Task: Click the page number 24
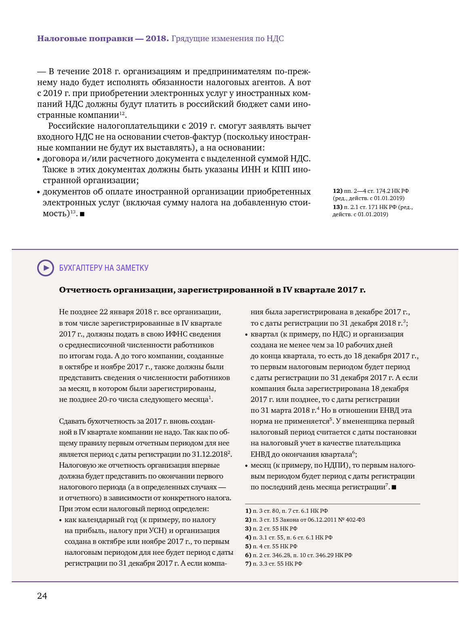pos(42,596)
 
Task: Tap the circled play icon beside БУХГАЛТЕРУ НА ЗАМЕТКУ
pos(46,268)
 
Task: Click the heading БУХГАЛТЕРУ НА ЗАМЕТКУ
pos(104,268)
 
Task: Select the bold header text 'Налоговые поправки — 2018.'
pos(103,38)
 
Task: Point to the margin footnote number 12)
pos(337,191)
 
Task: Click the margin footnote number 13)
pos(337,207)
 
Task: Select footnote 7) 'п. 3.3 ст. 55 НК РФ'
pos(274,564)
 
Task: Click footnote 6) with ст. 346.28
pos(299,555)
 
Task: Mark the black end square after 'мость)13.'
pos(82,214)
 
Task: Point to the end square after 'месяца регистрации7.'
pos(394,487)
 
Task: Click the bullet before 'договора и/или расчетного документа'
pos(39,159)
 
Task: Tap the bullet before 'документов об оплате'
pos(39,192)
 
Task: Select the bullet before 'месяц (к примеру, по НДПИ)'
pos(247,466)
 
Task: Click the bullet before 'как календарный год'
pos(61,520)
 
